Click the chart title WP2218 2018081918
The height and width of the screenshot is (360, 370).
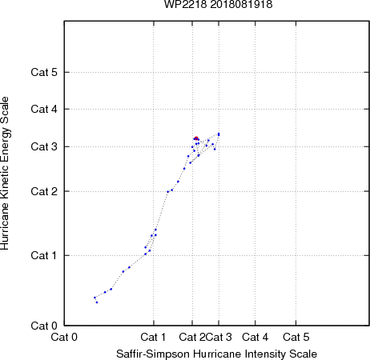pos(218,4)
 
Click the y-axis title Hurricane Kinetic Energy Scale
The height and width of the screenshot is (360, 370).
pos(5,173)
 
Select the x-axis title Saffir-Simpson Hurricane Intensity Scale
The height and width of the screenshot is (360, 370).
pos(217,354)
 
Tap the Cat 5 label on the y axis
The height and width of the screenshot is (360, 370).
pos(44,72)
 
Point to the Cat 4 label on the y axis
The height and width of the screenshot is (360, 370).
pos(44,109)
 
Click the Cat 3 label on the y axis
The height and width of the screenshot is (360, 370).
pos(44,146)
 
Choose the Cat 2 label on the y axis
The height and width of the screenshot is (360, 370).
pos(44,191)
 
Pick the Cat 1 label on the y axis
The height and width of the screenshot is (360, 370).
pos(44,255)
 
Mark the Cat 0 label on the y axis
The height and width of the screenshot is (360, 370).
pos(44,326)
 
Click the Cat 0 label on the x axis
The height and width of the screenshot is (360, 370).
pos(64,337)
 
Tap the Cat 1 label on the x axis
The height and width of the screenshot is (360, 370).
pos(153,337)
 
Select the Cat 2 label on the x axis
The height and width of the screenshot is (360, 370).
pos(192,337)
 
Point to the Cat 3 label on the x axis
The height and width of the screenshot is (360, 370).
pos(219,337)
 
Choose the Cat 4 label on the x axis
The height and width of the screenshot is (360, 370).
pos(255,337)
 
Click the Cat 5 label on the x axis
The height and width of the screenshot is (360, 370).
pos(296,337)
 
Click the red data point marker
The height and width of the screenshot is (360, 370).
pos(196,138)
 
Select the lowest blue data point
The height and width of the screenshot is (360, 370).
pos(97,302)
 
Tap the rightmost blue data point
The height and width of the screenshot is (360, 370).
pos(219,134)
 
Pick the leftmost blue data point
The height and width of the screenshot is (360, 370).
pos(95,298)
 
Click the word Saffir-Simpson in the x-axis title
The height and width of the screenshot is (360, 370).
pos(153,354)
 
